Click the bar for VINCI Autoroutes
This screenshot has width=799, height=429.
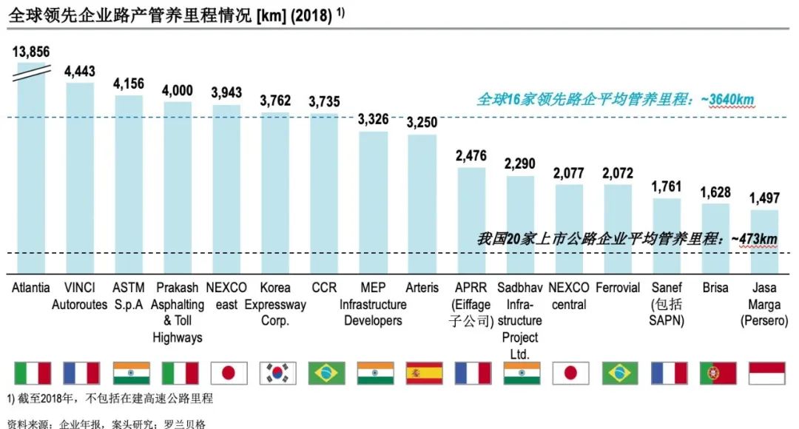click(x=80, y=178)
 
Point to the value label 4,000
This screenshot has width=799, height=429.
click(x=178, y=91)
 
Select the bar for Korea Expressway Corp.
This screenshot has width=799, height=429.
click(x=275, y=192)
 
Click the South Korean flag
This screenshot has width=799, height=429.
click(x=277, y=373)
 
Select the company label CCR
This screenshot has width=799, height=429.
click(x=324, y=288)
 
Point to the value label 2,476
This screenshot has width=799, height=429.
click(x=471, y=156)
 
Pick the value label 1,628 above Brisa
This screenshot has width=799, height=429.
click(x=715, y=192)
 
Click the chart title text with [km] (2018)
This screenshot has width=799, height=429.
click(x=178, y=14)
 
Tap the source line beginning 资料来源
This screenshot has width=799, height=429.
click(x=104, y=423)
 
